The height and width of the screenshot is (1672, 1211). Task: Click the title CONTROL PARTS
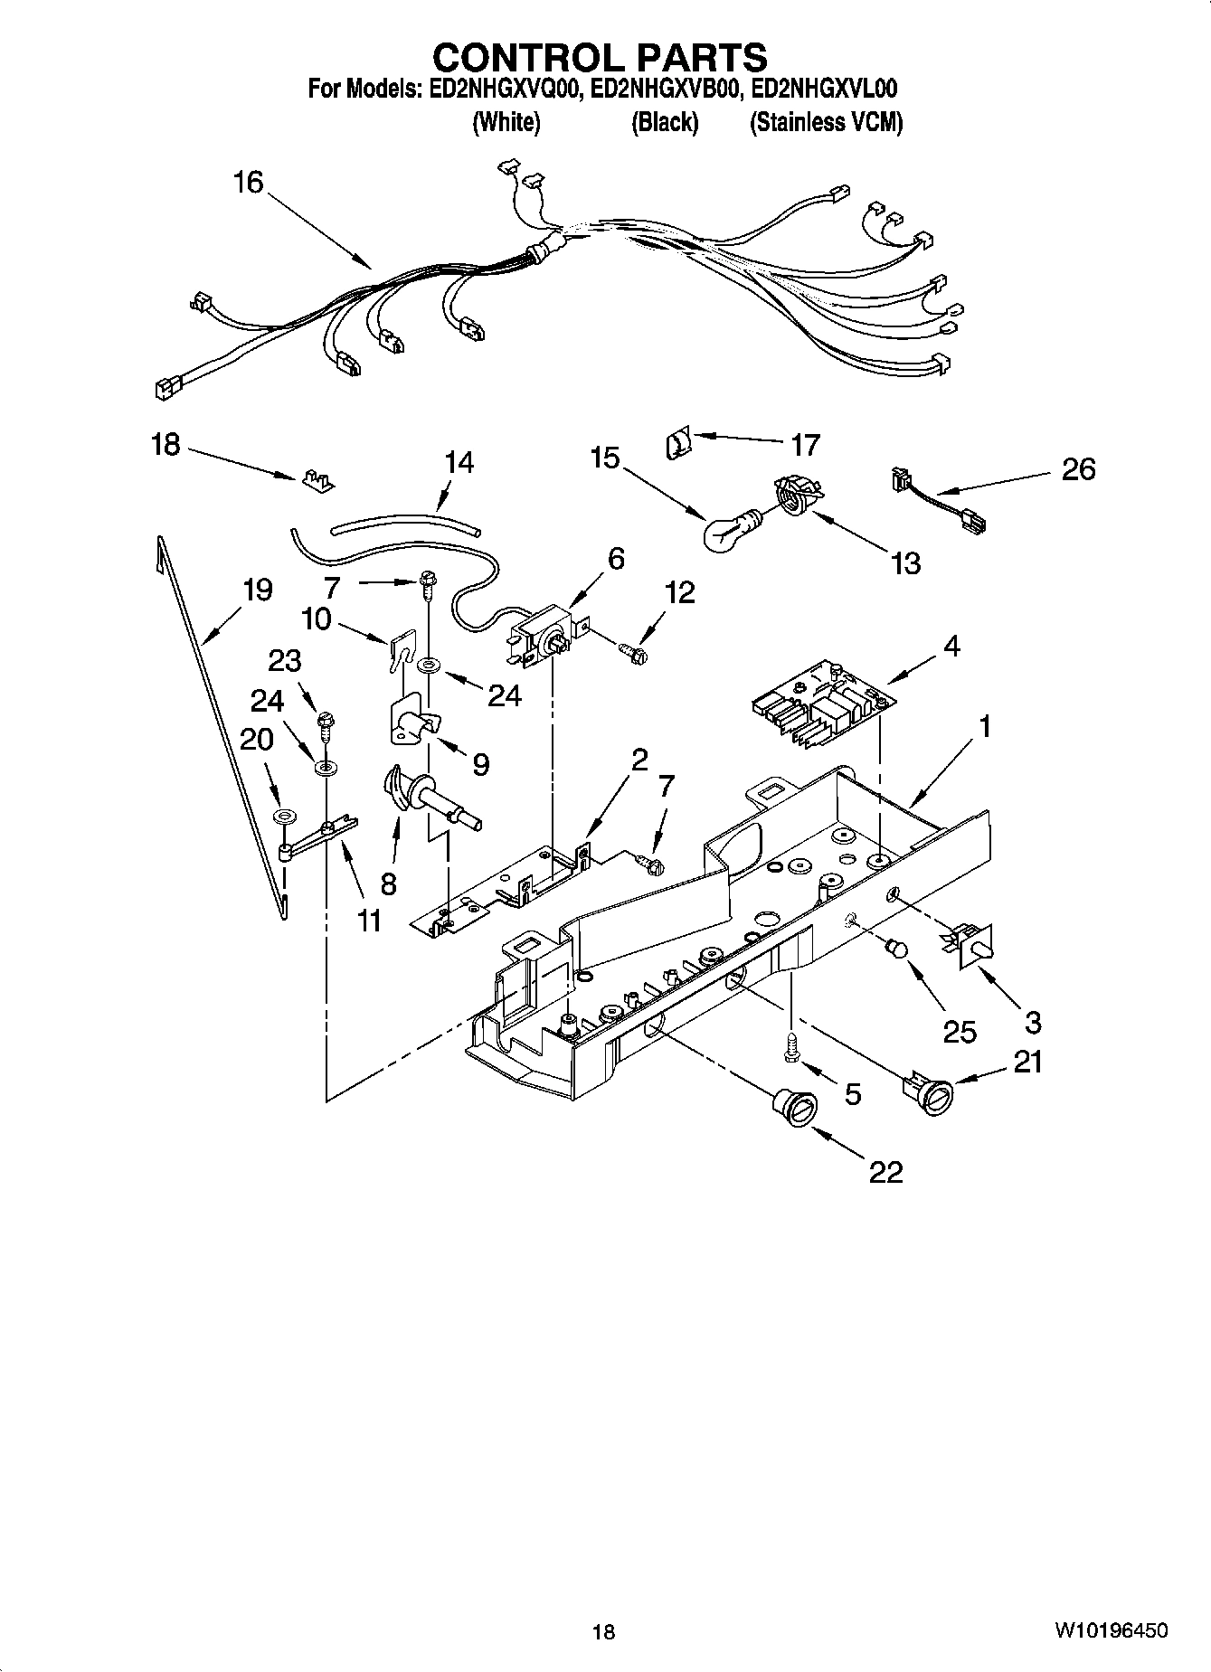click(600, 58)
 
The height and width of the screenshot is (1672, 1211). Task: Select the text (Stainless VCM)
click(826, 123)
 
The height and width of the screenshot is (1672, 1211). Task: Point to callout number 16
click(247, 183)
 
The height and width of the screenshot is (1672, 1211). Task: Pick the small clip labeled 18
click(317, 479)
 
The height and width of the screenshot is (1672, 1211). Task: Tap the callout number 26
click(1078, 469)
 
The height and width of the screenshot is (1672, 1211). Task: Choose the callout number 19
click(257, 590)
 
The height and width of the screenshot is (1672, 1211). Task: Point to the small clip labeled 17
click(676, 445)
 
